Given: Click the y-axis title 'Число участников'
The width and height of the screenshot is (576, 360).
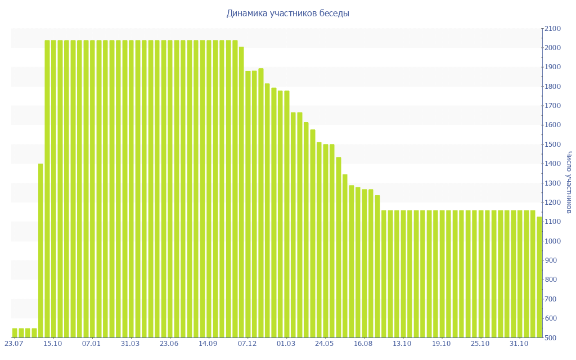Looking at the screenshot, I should click(x=569, y=182).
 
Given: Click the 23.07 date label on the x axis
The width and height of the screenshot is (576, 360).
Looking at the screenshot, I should click(x=14, y=343).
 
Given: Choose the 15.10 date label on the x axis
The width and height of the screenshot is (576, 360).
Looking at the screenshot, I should click(x=53, y=343).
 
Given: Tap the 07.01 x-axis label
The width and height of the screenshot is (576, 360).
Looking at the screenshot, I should click(x=92, y=343).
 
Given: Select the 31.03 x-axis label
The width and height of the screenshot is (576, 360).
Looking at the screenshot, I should click(x=130, y=343).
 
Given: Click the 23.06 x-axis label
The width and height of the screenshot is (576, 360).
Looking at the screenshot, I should click(x=169, y=343).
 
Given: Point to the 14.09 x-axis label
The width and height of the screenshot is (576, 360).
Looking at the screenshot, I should click(x=208, y=343).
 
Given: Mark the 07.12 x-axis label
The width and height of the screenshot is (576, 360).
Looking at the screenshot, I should click(x=247, y=343).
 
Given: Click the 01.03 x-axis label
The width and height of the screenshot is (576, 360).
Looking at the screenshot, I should click(x=286, y=343).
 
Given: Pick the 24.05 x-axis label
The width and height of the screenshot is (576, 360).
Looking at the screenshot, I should click(x=325, y=343).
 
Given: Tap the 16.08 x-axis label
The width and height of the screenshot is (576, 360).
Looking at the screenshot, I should click(x=363, y=343).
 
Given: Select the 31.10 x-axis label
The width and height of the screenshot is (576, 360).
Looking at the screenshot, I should click(x=519, y=343).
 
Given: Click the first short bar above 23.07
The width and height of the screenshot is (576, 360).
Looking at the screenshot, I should click(x=15, y=332).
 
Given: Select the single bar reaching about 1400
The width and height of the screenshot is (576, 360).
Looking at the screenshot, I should click(x=40, y=250).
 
